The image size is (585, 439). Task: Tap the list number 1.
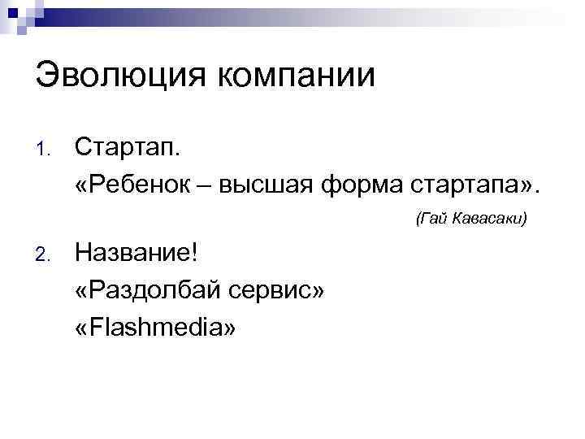point(44,150)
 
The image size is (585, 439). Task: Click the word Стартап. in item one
point(128,148)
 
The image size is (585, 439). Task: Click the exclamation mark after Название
point(193,254)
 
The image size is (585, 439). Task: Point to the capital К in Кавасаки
point(459,219)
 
